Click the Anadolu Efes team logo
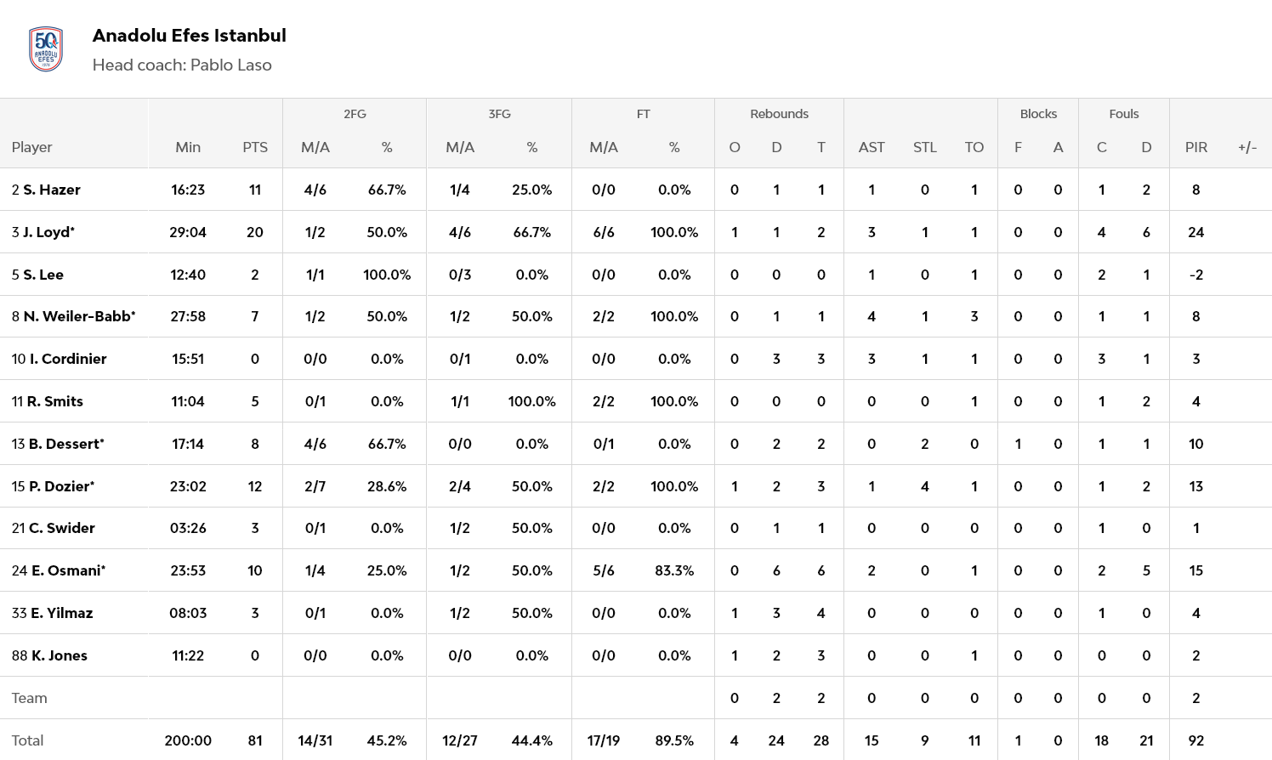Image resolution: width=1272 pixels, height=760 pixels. coord(46,49)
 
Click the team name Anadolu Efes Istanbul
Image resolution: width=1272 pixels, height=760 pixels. coord(189,36)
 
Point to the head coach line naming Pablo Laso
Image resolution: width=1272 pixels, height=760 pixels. coord(182,65)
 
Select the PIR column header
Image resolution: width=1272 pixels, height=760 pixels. coord(1195,147)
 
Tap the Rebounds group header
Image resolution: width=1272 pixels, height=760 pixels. coord(779,114)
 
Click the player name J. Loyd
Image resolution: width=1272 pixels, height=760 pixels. coord(48,232)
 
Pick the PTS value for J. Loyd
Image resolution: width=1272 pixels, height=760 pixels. coord(255,232)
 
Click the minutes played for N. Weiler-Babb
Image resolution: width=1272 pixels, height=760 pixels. coord(188,316)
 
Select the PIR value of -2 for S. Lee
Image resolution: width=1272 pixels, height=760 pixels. coord(1195,275)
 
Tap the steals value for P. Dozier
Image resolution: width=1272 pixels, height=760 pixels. coord(924,486)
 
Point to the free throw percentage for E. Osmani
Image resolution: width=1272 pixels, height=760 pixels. coord(673,570)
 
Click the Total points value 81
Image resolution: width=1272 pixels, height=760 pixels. coord(255,740)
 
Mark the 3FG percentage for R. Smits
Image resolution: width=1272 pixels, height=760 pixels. coord(531,401)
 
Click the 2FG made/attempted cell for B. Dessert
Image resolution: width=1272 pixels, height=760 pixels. coord(315,444)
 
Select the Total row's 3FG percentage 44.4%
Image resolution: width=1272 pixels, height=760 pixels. coord(531,740)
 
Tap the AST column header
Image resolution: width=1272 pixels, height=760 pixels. coord(872,147)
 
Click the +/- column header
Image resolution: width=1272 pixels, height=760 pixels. coord(1246,147)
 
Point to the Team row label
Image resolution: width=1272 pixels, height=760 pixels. coord(30,698)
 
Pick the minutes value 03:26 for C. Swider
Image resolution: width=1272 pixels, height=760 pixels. coord(188,528)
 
